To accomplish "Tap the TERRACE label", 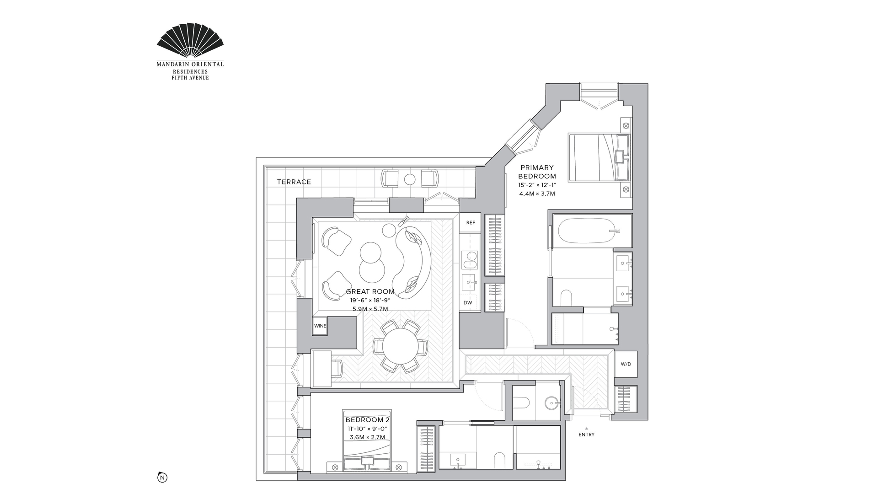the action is tap(294, 182).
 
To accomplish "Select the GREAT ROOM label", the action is tap(370, 291).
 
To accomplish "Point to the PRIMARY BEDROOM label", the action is tap(537, 172).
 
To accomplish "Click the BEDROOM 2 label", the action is tap(368, 420).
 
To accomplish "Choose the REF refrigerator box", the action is tap(471, 223).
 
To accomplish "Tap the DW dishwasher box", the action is tap(468, 303).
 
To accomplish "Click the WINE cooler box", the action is tap(320, 326).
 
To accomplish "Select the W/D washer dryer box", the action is tap(626, 364).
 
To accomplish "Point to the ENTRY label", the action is tap(586, 435).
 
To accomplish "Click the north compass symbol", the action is tap(162, 478).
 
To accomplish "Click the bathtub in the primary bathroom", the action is tap(587, 231).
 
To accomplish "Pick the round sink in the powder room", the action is tap(552, 403).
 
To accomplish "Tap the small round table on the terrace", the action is tap(410, 179).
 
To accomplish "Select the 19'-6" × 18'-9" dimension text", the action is tap(370, 300).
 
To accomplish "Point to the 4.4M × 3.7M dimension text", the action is tap(537, 193).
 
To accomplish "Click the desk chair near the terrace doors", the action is tap(336, 367).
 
